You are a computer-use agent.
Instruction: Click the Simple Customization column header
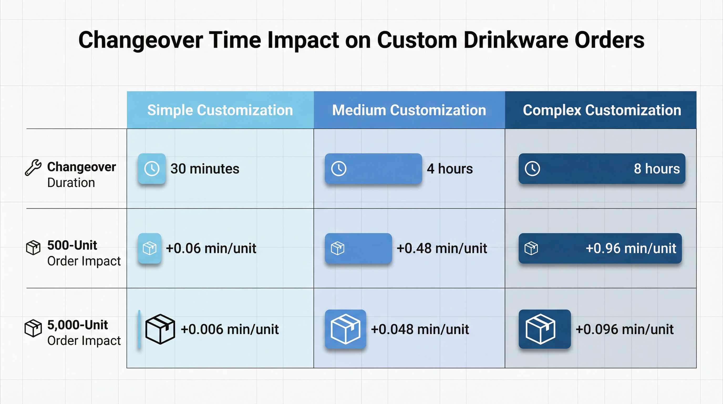pos(220,110)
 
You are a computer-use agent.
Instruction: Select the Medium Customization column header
pos(409,110)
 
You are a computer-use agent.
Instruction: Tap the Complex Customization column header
pos(602,110)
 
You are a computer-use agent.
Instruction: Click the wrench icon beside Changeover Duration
pos(33,168)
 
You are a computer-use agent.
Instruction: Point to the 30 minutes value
pos(205,169)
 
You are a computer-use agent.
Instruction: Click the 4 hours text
pos(450,169)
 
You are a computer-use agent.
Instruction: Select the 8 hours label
pos(657,169)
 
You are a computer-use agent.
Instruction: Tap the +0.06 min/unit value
pos(211,248)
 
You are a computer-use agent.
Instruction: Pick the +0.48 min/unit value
pos(442,248)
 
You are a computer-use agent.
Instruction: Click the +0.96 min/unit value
pos(631,248)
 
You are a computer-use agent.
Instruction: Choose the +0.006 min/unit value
pos(230,329)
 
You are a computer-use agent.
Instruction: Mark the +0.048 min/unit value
pos(420,329)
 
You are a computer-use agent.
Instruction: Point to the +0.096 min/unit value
pos(624,329)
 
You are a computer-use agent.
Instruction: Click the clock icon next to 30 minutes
pos(152,169)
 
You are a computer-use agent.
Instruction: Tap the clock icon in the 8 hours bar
pos(532,169)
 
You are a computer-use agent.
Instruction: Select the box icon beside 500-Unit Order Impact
pos(33,248)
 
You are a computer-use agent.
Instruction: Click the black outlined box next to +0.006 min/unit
pos(160,329)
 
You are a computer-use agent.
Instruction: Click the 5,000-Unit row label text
pos(78,325)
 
